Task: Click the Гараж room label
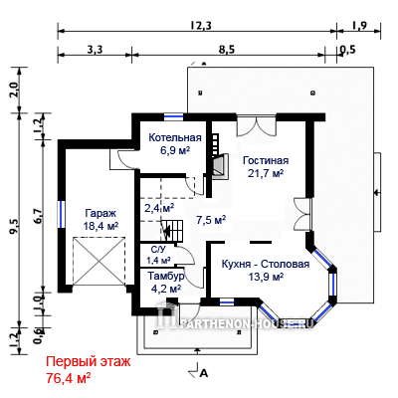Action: pos(100,213)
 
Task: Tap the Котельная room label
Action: pos(175,137)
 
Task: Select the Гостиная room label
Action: pos(266,160)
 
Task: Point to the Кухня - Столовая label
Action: pos(266,264)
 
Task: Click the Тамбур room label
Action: pos(166,276)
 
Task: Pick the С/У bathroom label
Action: pos(158,250)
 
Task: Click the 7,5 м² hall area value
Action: pos(211,220)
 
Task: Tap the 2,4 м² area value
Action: pos(159,208)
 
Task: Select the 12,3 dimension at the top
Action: pos(201,25)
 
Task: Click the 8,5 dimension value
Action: pos(227,50)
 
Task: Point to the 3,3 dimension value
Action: pos(95,50)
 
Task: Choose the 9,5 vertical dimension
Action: pos(15,227)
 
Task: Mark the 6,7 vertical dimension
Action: pos(38,216)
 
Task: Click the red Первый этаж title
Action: pos(89,361)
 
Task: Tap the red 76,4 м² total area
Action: pos(69,377)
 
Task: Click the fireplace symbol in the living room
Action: pos(220,166)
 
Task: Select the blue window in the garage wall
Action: pos(62,214)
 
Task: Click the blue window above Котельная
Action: pos(174,116)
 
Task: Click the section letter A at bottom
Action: pos(204,373)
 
